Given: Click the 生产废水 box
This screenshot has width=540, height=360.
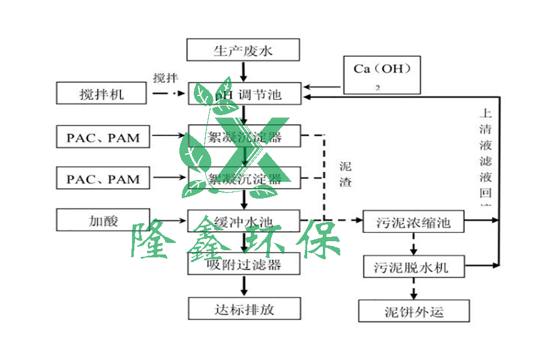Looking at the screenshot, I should click(243, 50).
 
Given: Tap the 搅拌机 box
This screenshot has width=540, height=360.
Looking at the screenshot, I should click(101, 94).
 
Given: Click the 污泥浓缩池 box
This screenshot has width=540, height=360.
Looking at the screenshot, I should click(415, 223).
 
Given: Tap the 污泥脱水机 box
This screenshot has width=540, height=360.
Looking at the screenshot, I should click(415, 266).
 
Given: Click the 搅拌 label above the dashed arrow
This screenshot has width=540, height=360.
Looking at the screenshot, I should click(166, 78).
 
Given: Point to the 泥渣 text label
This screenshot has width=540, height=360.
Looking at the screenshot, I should click(345, 174).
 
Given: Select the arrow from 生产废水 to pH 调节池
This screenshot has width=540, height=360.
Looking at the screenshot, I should click(244, 71).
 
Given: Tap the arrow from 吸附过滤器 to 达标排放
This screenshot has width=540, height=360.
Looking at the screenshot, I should click(244, 286).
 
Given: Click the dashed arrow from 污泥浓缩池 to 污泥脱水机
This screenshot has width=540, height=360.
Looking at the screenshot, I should click(413, 244).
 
